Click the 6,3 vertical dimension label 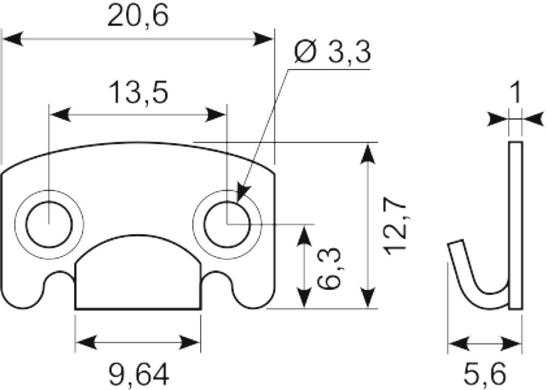click(330, 268)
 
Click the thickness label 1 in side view click(515, 92)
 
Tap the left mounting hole click(50, 224)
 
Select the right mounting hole click(228, 224)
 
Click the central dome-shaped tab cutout click(138, 272)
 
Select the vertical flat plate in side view click(515, 225)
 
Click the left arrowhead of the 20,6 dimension click(13, 39)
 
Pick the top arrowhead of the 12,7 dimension click(368, 153)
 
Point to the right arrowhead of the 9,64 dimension click(190, 342)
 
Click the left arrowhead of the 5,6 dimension click(458, 344)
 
